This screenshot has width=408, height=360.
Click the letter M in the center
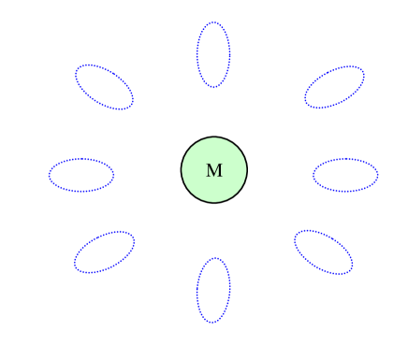coord(213,171)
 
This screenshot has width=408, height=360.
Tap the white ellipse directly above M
coord(213,54)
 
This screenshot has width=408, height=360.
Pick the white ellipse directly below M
coord(213,290)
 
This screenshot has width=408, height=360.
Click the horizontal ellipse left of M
coord(81,175)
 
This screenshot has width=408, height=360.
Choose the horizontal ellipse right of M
coord(345,175)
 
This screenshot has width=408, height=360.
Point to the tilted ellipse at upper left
coord(104,87)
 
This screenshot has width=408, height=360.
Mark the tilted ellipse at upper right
coord(334,87)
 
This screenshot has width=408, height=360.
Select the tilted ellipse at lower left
coord(104,252)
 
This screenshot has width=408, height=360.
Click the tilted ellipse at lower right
coord(324,252)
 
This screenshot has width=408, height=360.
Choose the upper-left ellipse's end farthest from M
coord(79,69)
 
